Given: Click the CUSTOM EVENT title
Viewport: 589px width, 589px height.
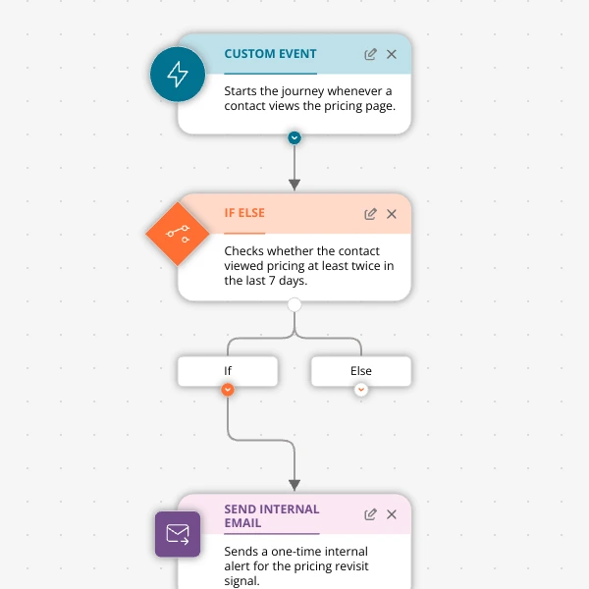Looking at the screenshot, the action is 270,54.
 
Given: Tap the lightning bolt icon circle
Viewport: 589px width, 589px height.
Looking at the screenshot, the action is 178,74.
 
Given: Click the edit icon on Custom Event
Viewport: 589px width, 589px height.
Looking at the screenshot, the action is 370,54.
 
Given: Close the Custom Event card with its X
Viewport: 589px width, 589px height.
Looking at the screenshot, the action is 392,54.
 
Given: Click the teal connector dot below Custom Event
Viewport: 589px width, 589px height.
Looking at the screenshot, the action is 294,137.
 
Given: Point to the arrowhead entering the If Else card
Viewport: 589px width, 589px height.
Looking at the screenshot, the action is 294,185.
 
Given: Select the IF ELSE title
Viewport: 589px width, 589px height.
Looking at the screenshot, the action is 244,213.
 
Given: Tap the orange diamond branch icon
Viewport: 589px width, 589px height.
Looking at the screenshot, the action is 178,234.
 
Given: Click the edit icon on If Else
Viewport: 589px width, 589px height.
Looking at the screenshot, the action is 370,214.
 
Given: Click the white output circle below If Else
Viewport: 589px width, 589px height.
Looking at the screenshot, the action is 294,304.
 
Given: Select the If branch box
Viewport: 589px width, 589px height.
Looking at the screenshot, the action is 228,371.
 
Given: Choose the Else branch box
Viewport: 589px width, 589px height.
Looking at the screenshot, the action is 361,371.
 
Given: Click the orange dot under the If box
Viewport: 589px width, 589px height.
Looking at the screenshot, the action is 228,390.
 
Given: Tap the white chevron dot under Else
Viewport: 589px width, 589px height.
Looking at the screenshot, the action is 361,390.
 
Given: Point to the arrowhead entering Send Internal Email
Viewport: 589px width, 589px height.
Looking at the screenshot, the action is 294,485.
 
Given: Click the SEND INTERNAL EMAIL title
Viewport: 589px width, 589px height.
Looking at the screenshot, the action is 272,515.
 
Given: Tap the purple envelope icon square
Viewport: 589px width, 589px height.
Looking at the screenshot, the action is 178,534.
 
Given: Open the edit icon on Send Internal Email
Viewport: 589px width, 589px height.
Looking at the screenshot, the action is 370,514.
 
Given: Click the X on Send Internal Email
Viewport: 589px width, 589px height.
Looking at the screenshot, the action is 392,514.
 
